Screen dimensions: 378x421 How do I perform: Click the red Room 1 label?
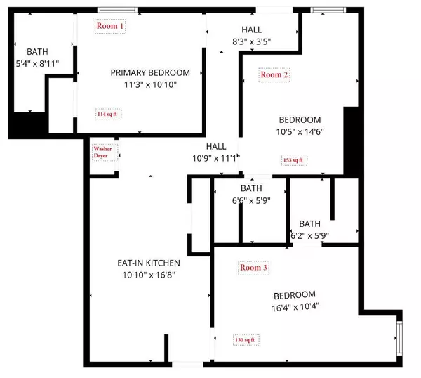coord(111,26)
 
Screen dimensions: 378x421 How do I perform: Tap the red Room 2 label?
coord(274,74)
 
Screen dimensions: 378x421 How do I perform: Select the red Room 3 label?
coord(253,268)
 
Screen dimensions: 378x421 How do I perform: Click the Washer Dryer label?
coord(102,152)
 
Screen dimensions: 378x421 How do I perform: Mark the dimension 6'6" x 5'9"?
coord(250,201)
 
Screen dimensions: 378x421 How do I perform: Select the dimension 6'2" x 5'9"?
coord(309,236)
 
